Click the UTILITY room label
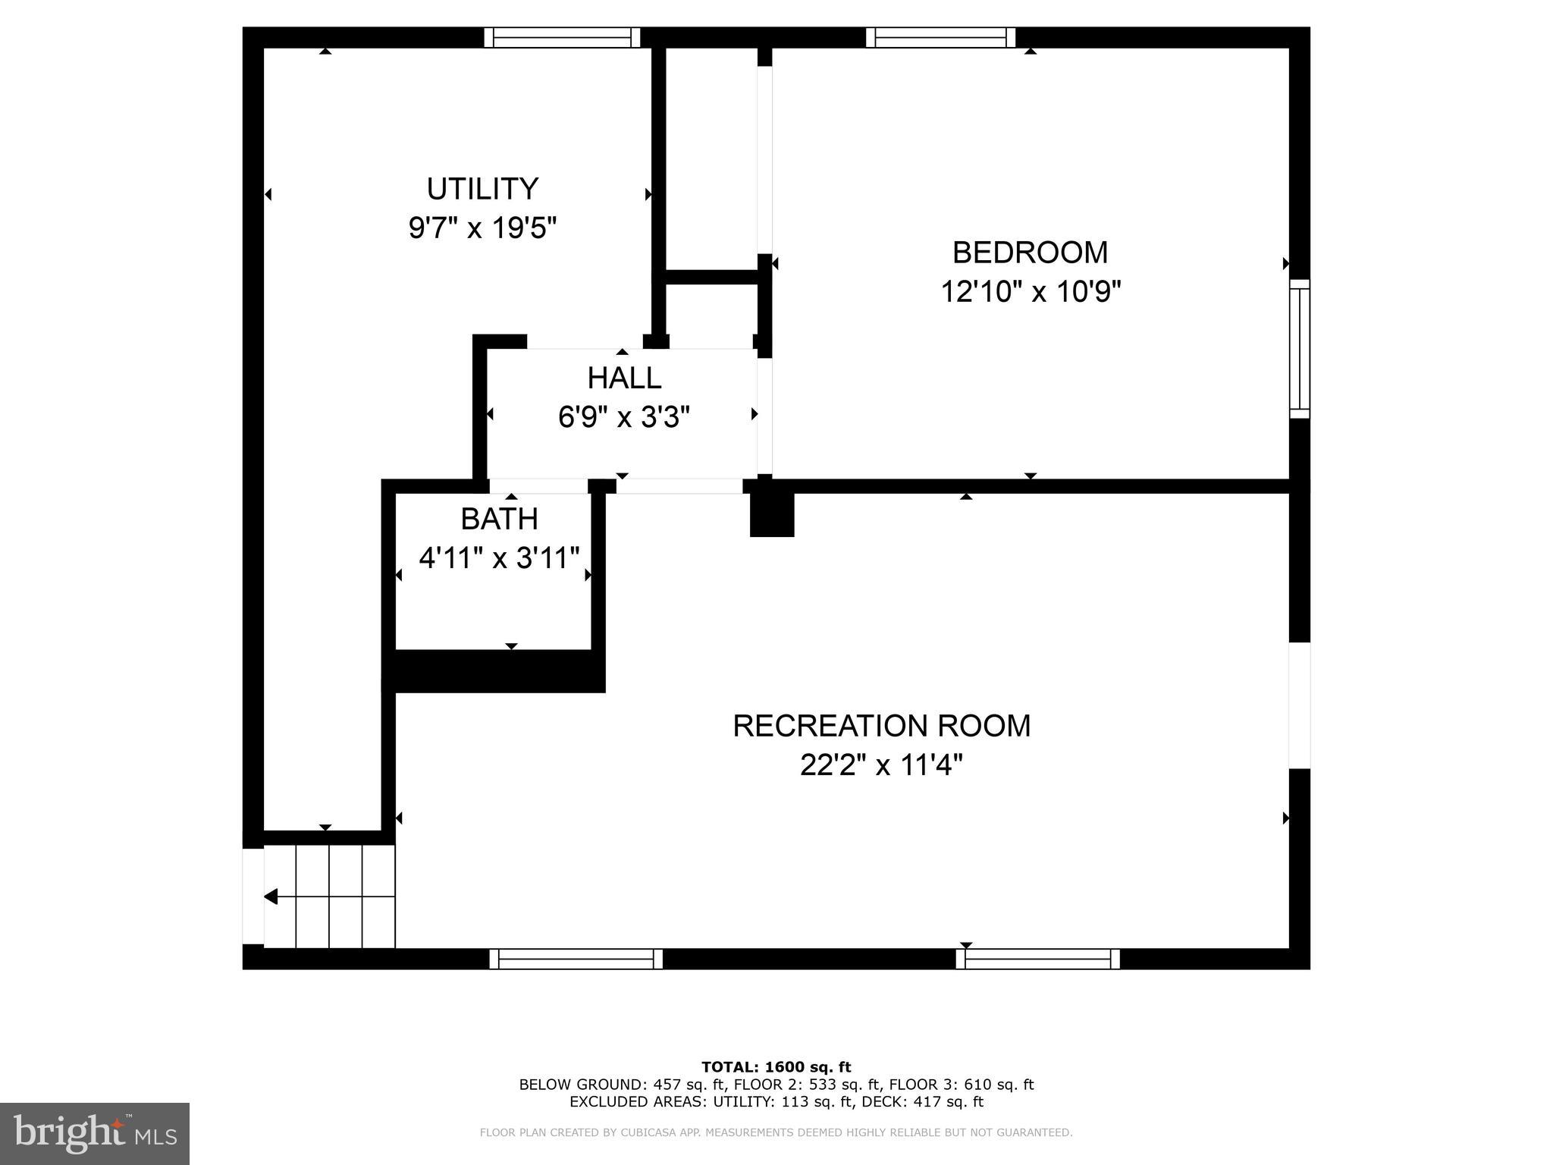482,189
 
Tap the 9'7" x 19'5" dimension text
482,228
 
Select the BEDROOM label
1030,253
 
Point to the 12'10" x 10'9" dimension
1030,291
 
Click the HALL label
624,378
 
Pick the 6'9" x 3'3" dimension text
624,417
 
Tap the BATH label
499,519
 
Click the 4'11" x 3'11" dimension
499,558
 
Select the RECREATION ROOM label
881,726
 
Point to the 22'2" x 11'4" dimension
881,765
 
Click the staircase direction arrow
271,897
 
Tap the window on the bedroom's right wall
1300,349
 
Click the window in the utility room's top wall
562,37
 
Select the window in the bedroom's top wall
940,37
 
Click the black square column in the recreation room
772,514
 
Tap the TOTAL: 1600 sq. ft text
776,1067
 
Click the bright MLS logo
94,1134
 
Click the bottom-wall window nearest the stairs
576,959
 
